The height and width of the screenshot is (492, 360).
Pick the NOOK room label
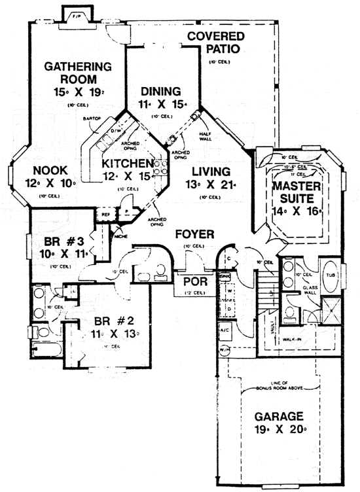coord(43,166)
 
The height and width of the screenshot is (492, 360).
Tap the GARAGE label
coord(279,416)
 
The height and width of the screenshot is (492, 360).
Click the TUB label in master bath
coord(331,275)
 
